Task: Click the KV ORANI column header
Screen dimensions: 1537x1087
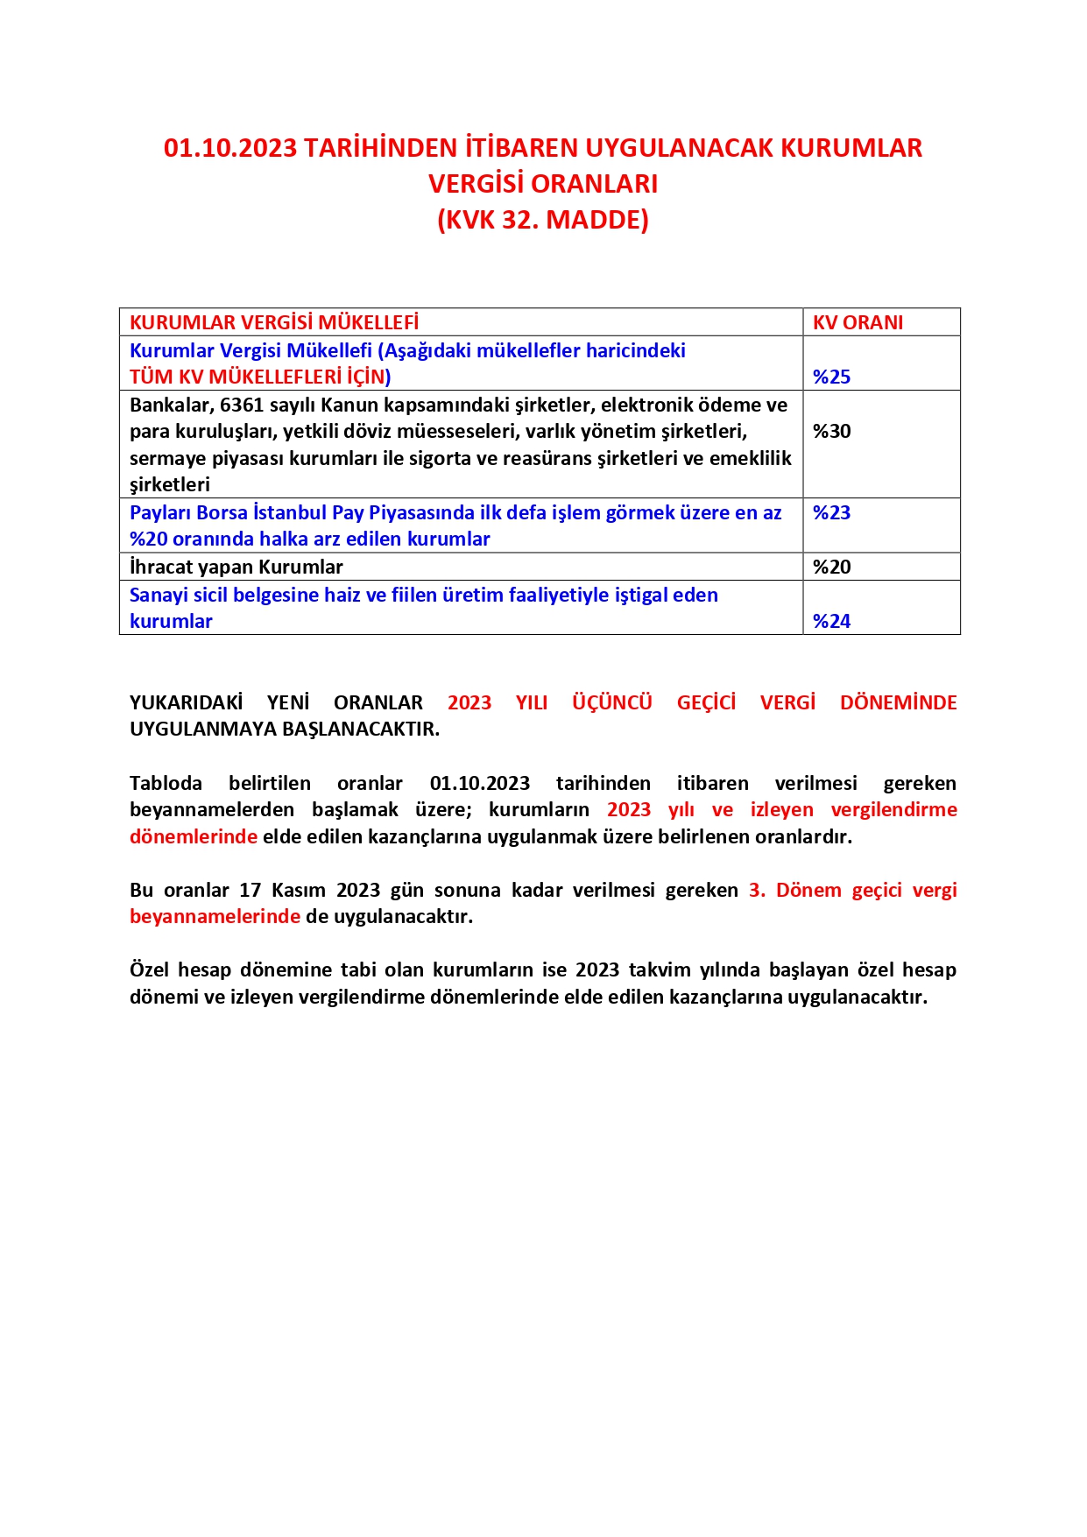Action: coord(858,322)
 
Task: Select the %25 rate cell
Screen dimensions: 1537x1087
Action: coord(831,377)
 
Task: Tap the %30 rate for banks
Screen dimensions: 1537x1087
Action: coord(831,431)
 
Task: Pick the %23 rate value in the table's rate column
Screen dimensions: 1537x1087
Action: coord(831,512)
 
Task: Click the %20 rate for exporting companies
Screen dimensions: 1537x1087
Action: coord(831,567)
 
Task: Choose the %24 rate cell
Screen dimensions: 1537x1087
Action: coord(831,621)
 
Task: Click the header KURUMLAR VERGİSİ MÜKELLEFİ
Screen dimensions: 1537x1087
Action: coord(274,322)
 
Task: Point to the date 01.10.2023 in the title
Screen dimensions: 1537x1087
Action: coord(230,148)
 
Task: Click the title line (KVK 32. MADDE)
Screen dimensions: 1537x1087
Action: coord(543,219)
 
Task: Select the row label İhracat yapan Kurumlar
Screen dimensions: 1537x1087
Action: coord(236,567)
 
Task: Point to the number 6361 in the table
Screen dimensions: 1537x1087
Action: coord(241,405)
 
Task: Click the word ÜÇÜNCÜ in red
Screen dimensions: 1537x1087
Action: coord(611,702)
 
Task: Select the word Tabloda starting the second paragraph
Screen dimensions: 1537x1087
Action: coord(166,783)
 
